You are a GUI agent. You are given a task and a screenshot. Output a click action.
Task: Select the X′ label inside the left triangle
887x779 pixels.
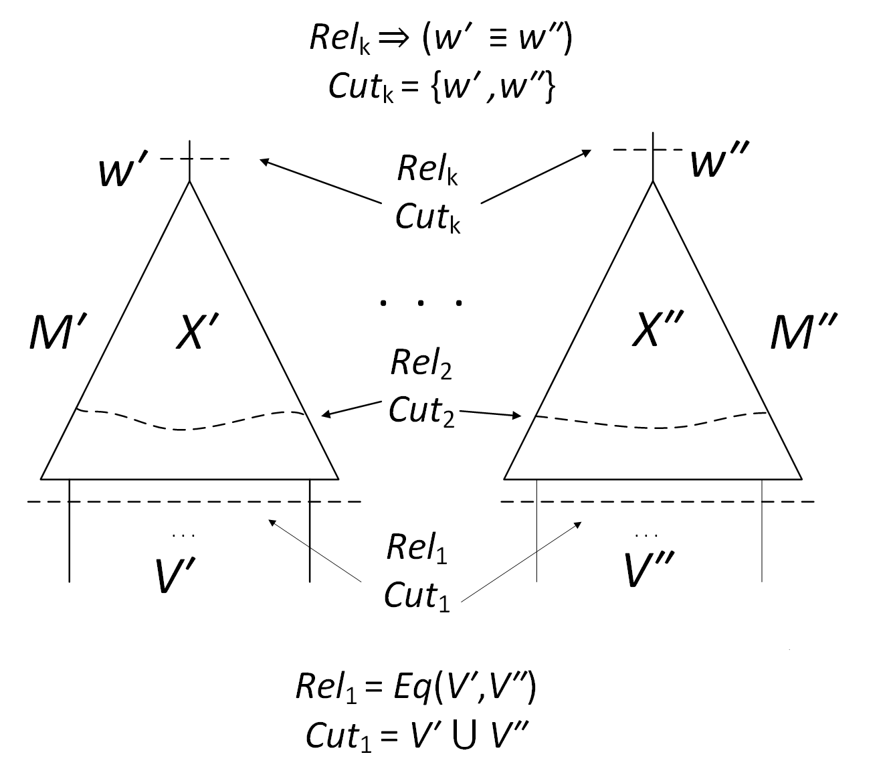(x=197, y=333)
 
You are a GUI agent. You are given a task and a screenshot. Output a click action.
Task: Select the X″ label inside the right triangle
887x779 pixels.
(x=656, y=330)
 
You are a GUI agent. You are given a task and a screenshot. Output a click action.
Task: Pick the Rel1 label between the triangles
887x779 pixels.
(x=417, y=549)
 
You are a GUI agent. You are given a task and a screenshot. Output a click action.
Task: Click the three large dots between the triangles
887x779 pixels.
(x=421, y=303)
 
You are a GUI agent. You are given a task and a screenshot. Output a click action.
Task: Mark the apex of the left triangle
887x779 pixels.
(x=190, y=182)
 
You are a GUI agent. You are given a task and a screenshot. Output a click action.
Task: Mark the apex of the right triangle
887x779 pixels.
(x=653, y=182)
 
